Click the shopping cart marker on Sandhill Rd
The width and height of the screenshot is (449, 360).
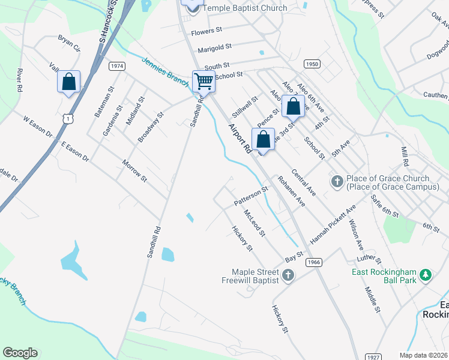click(203, 81)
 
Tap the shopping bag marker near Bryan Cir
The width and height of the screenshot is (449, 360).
click(68, 81)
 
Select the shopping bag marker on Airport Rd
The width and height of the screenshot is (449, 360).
click(263, 140)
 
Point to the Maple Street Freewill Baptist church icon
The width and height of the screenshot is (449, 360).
click(288, 275)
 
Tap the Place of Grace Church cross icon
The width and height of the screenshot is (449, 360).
click(337, 181)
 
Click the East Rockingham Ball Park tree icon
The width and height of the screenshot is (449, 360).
click(426, 275)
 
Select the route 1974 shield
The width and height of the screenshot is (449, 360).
click(118, 66)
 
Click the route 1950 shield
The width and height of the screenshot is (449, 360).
click(311, 64)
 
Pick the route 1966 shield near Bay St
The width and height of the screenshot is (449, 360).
click(313, 262)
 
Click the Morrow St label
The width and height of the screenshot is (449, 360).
click(134, 171)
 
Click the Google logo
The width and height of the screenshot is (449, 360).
click(20, 353)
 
